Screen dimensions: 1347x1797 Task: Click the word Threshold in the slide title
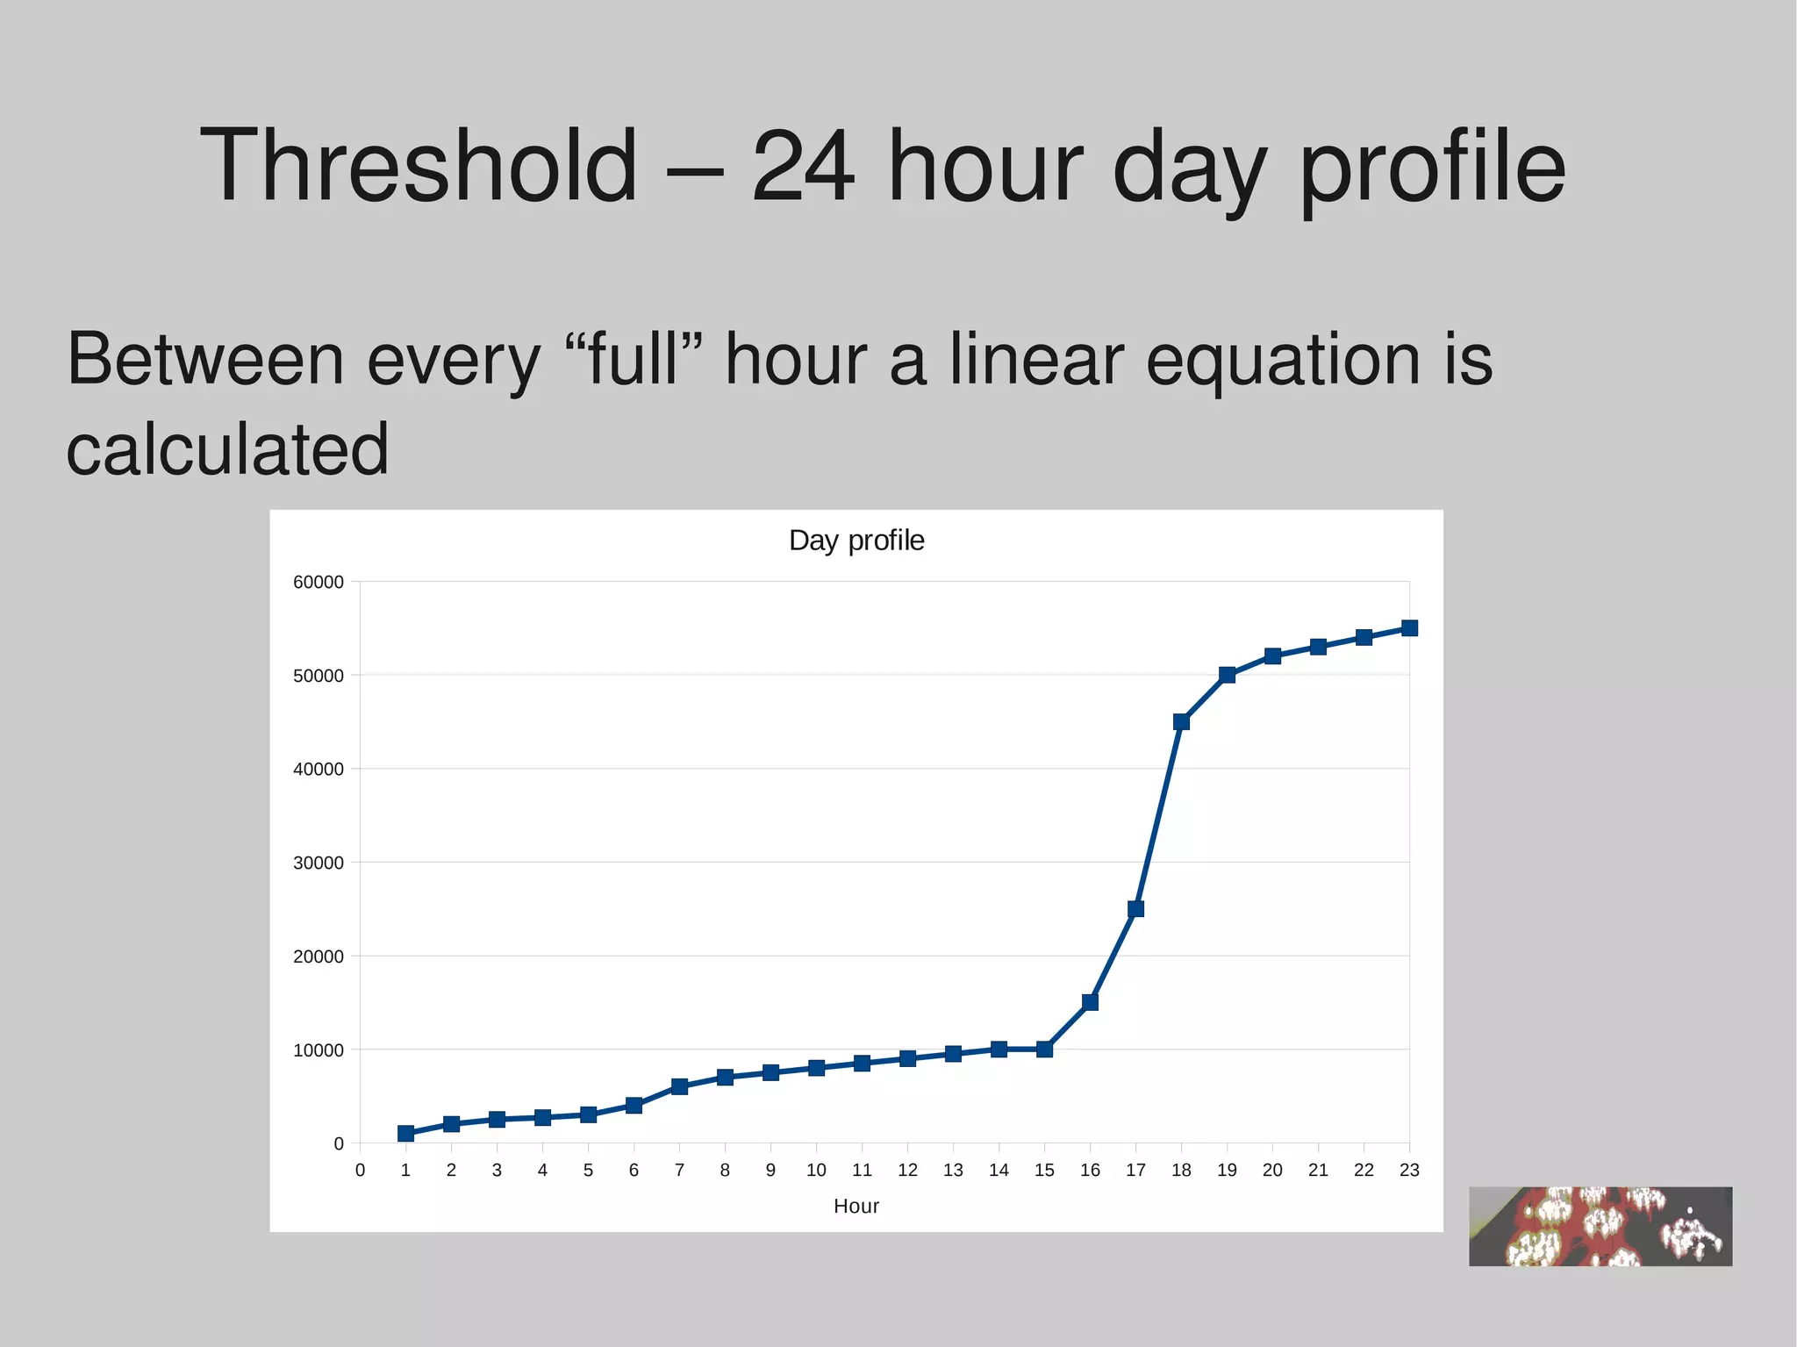click(419, 167)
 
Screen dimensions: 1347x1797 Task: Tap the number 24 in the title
click(802, 167)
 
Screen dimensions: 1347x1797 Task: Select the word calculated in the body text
click(227, 449)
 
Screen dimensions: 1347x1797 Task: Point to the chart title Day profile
click(856, 541)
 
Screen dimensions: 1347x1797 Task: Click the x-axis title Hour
click(856, 1207)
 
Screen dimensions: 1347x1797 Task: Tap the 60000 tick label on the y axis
click(319, 583)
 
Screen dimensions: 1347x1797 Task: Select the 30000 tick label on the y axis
click(319, 863)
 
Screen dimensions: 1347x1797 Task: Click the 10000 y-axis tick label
click(319, 1050)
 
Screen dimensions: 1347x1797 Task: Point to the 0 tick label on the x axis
click(360, 1171)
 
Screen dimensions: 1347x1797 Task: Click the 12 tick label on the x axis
click(907, 1171)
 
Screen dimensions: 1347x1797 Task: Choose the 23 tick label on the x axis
click(1409, 1171)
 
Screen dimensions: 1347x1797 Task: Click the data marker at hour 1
click(405, 1134)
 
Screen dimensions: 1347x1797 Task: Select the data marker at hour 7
click(679, 1086)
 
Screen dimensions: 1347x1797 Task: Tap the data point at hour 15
click(1044, 1050)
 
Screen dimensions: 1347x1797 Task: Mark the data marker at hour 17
click(1135, 909)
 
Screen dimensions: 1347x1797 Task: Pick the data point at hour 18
click(1181, 722)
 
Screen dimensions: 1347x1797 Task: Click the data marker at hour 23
click(1409, 628)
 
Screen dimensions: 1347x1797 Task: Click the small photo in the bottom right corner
click(1600, 1227)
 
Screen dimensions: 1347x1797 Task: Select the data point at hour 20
click(1272, 656)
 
